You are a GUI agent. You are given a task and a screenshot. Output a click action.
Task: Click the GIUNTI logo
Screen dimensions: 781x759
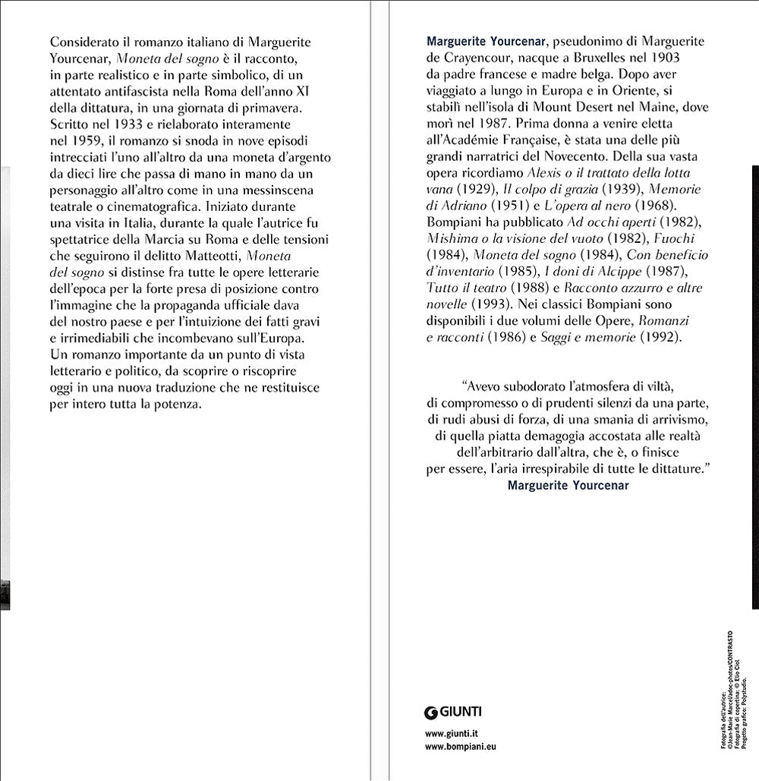click(454, 711)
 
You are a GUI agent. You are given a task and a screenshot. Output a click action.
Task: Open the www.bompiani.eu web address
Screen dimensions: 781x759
click(461, 748)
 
